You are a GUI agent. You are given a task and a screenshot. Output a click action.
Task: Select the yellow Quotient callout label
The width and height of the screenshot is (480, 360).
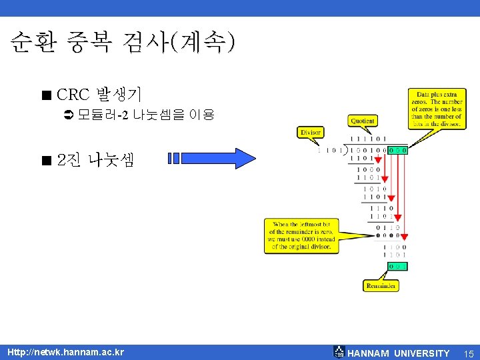coord(362,121)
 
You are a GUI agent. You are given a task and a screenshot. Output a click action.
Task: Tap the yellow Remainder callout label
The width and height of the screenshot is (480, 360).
coord(381,286)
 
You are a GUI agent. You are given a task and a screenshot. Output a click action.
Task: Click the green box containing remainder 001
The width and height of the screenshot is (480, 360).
coord(398,267)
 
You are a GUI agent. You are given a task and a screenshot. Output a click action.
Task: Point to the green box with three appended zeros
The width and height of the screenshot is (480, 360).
coord(398,150)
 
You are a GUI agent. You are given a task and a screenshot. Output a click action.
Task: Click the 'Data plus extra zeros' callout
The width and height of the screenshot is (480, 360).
coord(437,109)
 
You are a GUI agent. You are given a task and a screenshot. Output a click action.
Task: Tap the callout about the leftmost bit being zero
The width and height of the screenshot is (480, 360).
coord(301,235)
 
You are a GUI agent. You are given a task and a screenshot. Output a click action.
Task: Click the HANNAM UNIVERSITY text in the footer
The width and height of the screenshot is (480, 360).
coord(399,353)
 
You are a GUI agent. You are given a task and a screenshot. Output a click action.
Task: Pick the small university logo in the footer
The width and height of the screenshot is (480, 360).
coord(339,352)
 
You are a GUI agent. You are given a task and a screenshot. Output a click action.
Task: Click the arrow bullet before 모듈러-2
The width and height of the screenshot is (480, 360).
coord(68,115)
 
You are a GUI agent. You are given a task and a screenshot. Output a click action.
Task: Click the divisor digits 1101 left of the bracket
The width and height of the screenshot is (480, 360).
coord(327,150)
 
